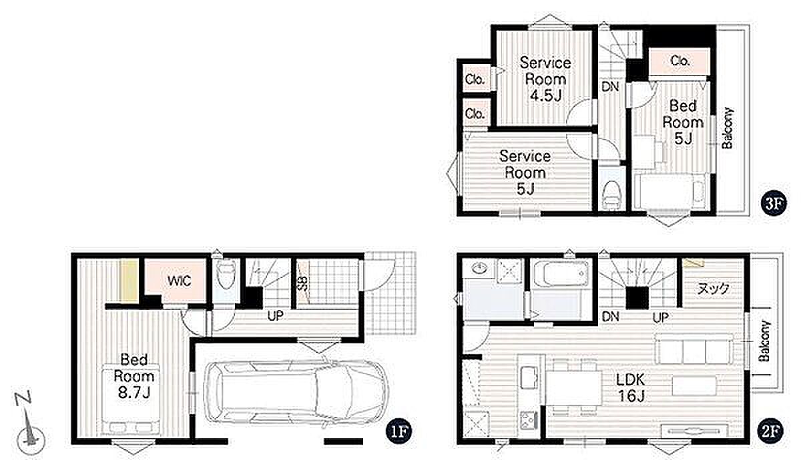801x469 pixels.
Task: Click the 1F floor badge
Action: coord(398,432)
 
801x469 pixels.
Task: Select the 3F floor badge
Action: coord(774,203)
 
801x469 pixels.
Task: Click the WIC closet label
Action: coord(179,281)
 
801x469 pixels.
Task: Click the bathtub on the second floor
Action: coord(561,274)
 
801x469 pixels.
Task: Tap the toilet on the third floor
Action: coord(611,195)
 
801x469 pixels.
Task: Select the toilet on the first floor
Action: coord(226,274)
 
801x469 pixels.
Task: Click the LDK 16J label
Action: coord(631,387)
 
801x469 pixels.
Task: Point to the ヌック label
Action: coord(713,288)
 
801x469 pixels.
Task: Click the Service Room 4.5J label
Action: coord(545,79)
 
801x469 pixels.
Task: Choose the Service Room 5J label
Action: coord(525,172)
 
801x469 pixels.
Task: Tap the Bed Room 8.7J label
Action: coord(133,376)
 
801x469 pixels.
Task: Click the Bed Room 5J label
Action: coord(683,122)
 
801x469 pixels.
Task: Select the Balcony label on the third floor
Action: coord(728,128)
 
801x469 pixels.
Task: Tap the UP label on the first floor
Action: coord(275,316)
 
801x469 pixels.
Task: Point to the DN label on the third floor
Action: coord(610,86)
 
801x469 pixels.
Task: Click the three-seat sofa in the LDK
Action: coord(694,349)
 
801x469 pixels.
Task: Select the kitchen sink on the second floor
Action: coord(529,377)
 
